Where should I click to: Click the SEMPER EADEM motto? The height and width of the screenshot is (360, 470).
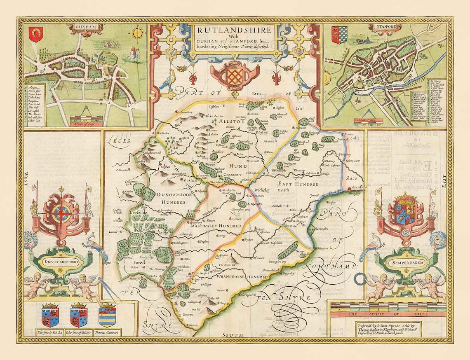tap(406, 262)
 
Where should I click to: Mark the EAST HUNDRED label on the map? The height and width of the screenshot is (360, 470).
tap(292, 184)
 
